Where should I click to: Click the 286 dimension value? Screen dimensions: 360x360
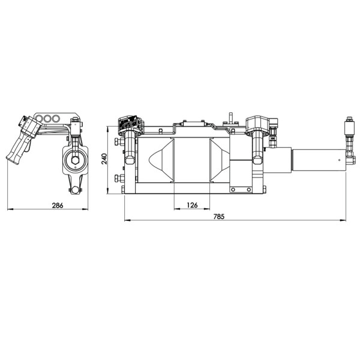pyautogui.click(x=58, y=205)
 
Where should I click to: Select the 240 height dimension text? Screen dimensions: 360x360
pyautogui.click(x=104, y=158)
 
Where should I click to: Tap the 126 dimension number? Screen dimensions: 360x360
pyautogui.click(x=192, y=205)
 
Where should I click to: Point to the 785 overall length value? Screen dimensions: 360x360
pyautogui.click(x=219, y=217)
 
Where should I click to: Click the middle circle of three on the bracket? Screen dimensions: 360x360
pyautogui.click(x=47, y=119)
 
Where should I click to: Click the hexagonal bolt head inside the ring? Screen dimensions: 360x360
pyautogui.click(x=75, y=160)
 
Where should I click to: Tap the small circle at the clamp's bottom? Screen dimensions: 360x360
pyautogui.click(x=75, y=190)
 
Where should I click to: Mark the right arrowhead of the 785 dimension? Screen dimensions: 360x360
pyautogui.click(x=343, y=220)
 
